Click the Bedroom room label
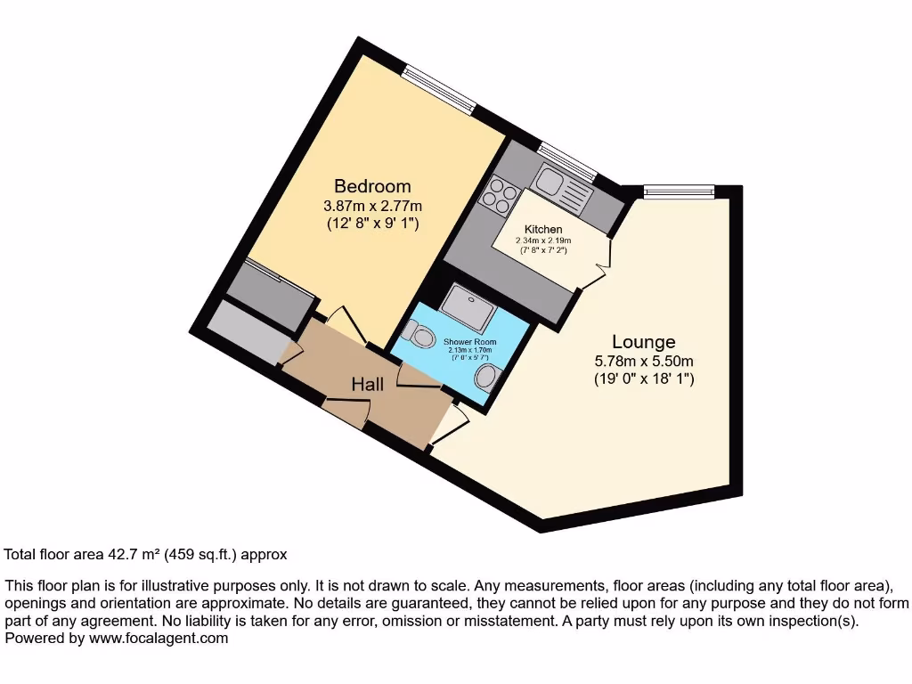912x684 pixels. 372,186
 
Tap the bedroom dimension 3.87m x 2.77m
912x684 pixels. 372,206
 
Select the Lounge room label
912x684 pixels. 643,342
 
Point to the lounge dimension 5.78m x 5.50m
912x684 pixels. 644,361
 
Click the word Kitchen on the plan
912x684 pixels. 543,230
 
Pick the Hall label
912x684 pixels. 368,384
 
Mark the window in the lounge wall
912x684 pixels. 679,189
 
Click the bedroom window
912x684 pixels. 437,89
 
